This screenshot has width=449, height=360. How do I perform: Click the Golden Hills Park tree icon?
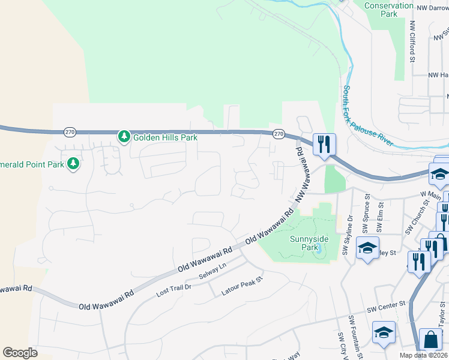124,137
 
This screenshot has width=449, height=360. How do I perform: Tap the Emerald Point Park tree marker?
73,164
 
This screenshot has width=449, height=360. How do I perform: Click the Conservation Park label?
389,10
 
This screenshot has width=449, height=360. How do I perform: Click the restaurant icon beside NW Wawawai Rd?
324,144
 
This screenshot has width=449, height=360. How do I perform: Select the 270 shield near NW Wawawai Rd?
277,134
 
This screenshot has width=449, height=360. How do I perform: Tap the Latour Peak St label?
243,287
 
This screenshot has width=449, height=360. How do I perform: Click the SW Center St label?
387,310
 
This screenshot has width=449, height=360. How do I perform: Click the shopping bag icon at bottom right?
430,340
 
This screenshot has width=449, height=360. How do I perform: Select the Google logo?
20,353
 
